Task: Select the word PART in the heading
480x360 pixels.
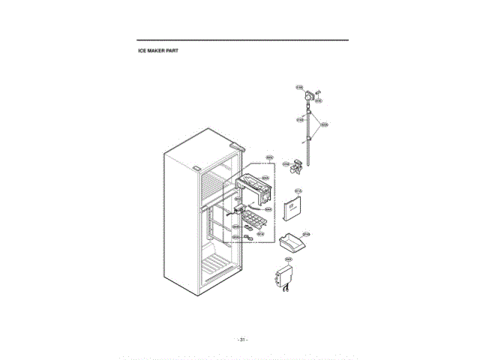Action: coord(172,51)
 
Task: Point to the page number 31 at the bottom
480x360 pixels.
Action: coord(241,340)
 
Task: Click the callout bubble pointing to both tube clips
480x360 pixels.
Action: coord(325,124)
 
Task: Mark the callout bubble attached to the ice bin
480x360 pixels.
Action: coord(305,234)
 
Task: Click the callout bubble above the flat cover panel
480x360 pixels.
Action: coord(298,191)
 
